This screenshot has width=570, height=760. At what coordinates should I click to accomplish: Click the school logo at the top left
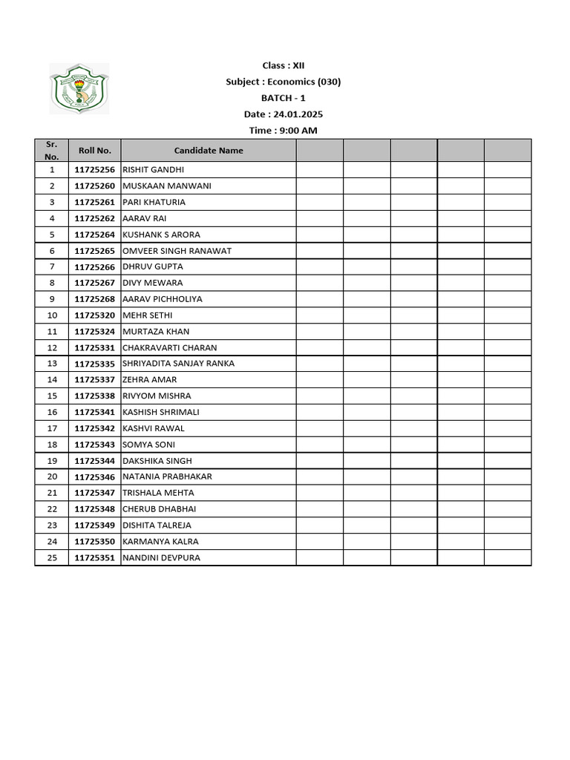79,88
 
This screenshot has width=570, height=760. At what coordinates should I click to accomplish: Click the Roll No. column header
95,150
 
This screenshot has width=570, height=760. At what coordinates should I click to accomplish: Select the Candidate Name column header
209,150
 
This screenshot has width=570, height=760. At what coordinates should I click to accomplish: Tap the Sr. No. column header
52,150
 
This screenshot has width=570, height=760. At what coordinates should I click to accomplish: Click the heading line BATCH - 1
283,98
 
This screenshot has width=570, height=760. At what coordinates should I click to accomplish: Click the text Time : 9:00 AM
283,131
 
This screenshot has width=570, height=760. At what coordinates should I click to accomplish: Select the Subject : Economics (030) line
283,82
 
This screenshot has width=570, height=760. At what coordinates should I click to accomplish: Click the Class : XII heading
283,65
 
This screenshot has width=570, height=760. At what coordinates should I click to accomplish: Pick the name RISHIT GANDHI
153,170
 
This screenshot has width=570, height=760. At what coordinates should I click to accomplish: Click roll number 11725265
95,251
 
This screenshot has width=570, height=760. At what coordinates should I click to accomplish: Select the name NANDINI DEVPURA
161,558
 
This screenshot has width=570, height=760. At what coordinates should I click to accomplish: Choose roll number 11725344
95,461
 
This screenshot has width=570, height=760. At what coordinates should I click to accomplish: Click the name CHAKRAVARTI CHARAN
170,347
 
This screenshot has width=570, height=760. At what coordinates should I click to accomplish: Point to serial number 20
52,476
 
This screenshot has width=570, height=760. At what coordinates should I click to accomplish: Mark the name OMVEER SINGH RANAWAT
177,251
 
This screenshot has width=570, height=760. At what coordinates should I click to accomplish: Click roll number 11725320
95,315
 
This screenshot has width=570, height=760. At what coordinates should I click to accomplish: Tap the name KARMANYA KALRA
160,542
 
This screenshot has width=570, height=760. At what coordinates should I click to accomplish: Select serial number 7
52,266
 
